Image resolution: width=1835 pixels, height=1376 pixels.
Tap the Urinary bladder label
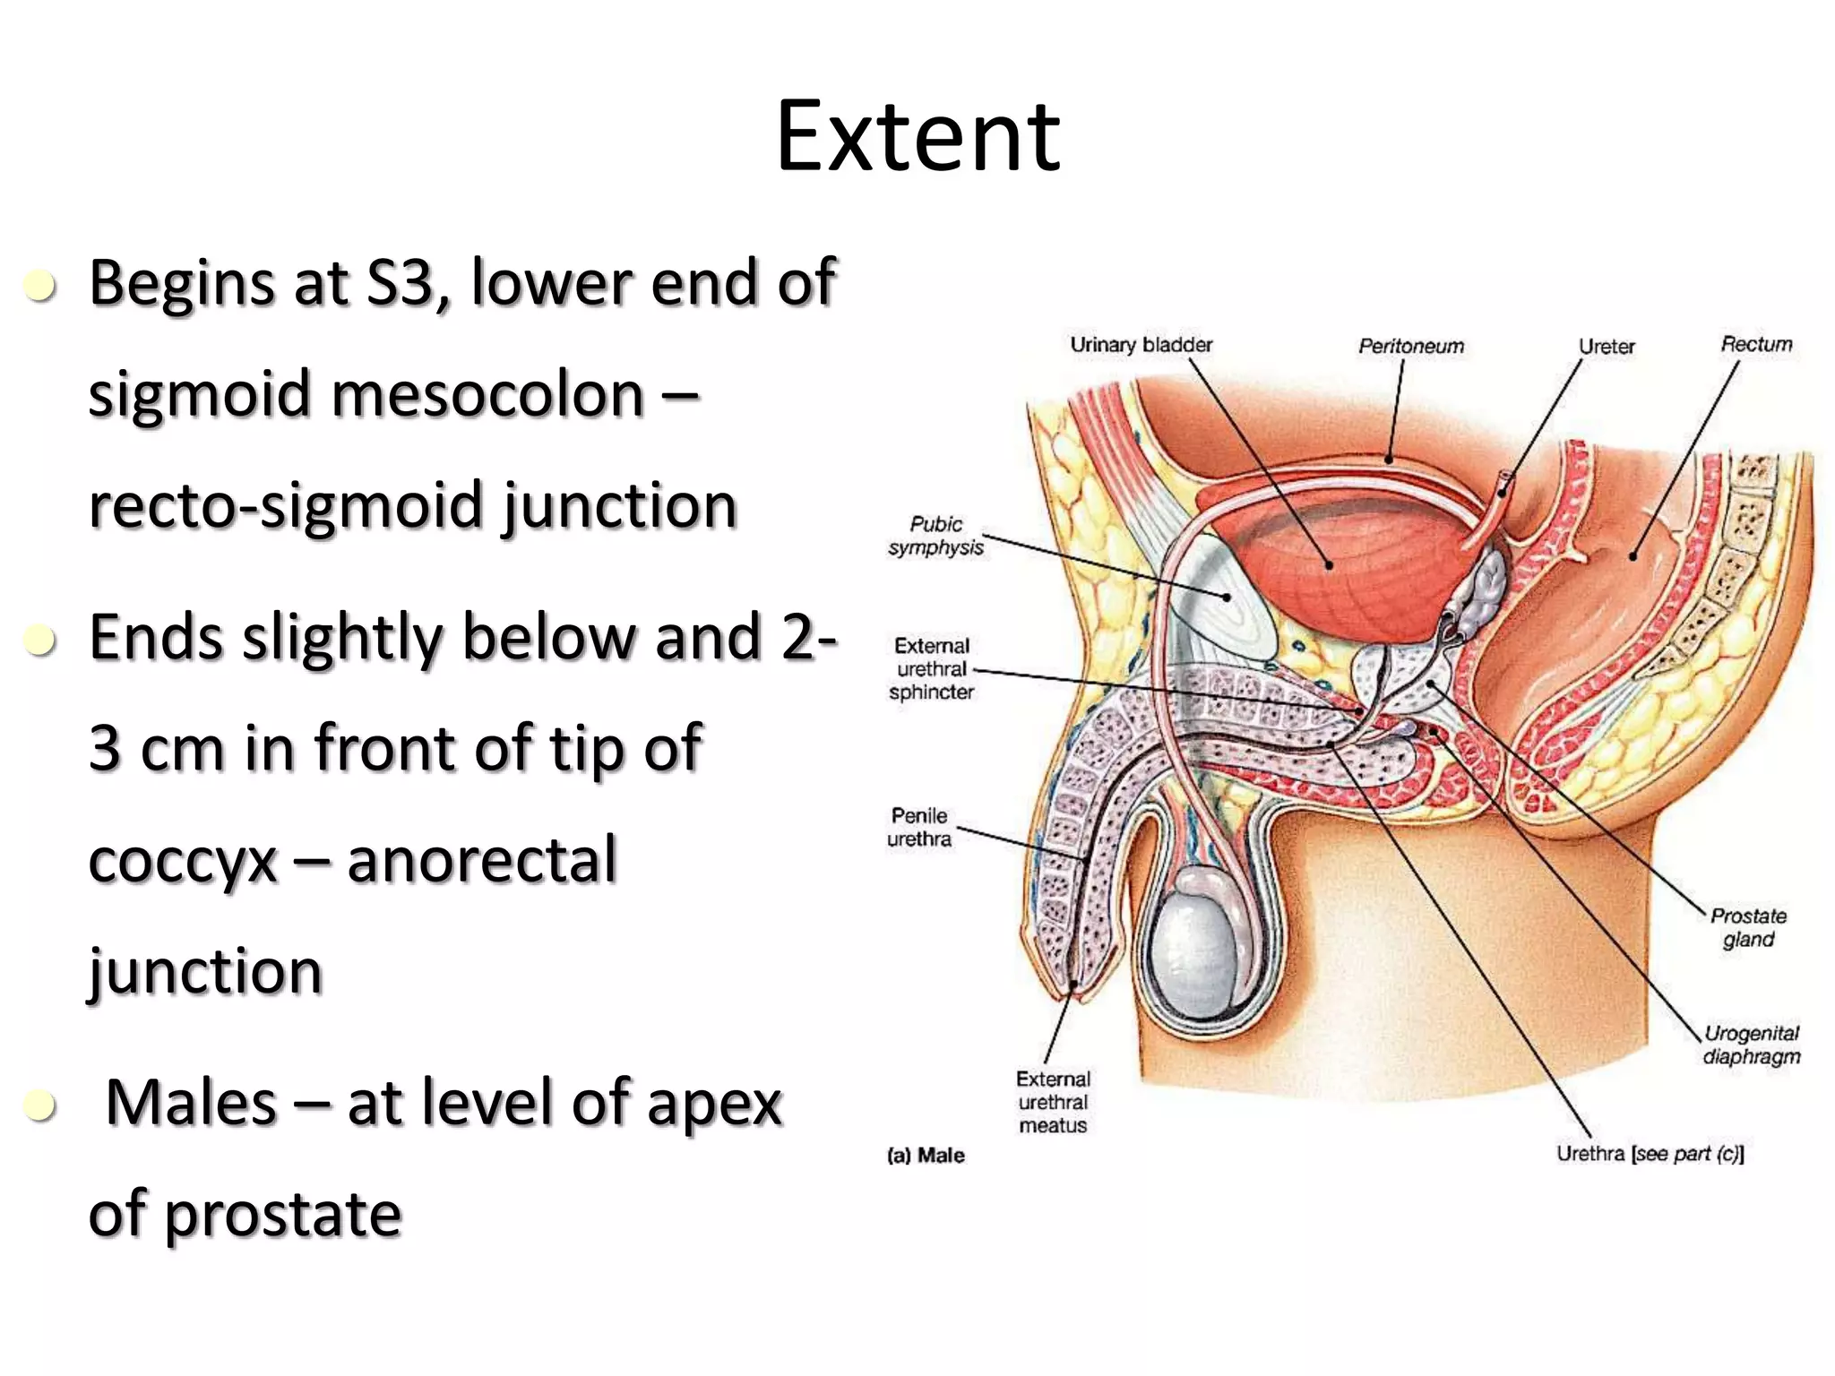click(1141, 345)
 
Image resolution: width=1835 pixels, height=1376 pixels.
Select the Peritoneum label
click(1410, 346)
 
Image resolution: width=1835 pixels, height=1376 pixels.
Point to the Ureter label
click(1606, 347)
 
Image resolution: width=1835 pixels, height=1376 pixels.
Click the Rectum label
click(1756, 344)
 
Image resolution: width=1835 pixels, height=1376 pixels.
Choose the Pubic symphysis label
click(935, 536)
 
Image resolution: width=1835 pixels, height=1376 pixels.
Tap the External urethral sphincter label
click(932, 669)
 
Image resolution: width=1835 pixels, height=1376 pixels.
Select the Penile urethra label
click(919, 827)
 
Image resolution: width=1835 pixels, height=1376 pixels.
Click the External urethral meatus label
click(1053, 1102)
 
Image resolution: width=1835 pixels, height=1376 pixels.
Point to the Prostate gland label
click(1748, 927)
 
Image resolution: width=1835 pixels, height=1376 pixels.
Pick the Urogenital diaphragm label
click(1751, 1045)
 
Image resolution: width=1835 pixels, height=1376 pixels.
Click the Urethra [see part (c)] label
click(1650, 1154)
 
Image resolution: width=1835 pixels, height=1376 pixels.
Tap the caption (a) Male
click(926, 1156)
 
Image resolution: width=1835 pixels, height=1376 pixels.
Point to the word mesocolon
click(487, 394)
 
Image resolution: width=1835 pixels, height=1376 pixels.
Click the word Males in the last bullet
click(191, 1103)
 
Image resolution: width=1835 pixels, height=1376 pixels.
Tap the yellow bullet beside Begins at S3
click(41, 287)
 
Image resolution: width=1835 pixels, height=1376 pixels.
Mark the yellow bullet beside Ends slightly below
click(41, 641)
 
